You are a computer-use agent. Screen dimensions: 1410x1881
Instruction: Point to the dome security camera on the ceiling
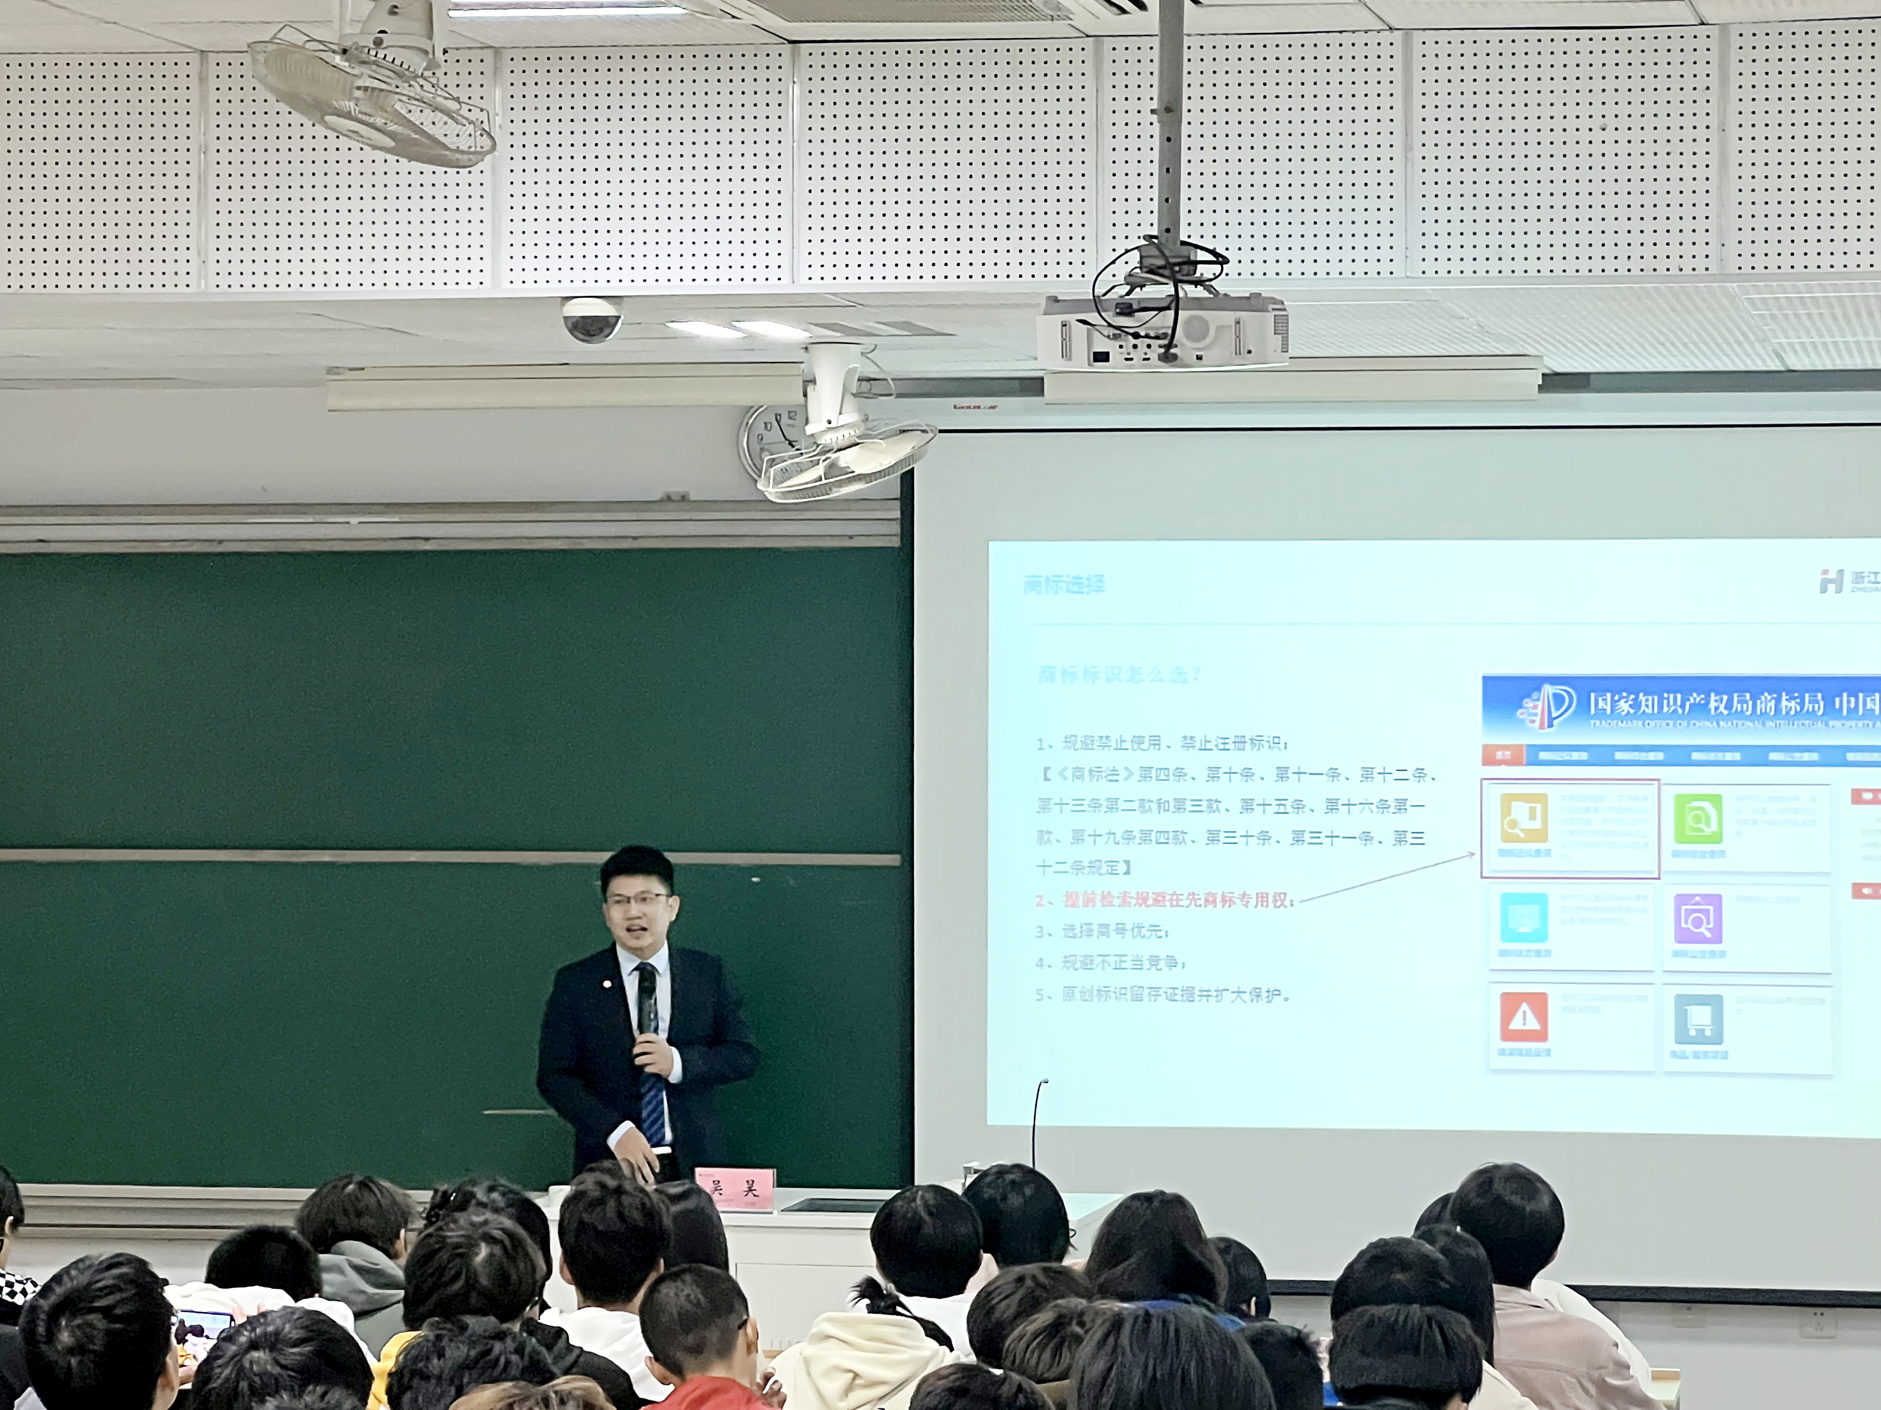pyautogui.click(x=592, y=319)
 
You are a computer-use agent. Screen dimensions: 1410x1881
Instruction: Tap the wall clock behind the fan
pyautogui.click(x=774, y=442)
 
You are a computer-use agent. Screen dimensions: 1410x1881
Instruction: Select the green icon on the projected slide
pyautogui.click(x=1697, y=818)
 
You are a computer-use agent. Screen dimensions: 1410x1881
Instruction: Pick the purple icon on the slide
pyautogui.click(x=1697, y=919)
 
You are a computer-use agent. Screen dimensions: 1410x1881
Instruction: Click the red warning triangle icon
pyautogui.click(x=1524, y=1016)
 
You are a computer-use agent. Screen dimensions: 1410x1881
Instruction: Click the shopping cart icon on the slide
pyautogui.click(x=1698, y=1018)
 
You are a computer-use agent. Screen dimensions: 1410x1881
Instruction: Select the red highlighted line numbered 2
pyautogui.click(x=1165, y=900)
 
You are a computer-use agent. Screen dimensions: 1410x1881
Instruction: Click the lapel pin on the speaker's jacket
pyautogui.click(x=606, y=985)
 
